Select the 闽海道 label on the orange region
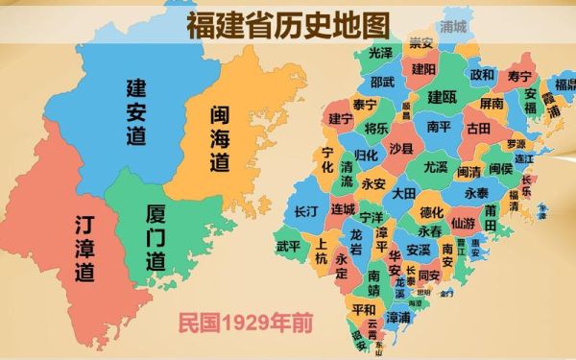point(220,139)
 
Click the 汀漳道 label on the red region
point(85,249)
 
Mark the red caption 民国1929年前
point(246,324)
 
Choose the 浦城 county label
point(452,27)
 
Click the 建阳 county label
point(424,69)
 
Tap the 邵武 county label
point(382,83)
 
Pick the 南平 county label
point(439,126)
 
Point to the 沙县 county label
point(400,149)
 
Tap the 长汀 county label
point(306,210)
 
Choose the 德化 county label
point(433,212)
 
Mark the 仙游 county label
point(463,223)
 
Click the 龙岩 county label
point(356,240)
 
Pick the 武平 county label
point(288,246)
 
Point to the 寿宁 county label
point(519,75)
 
